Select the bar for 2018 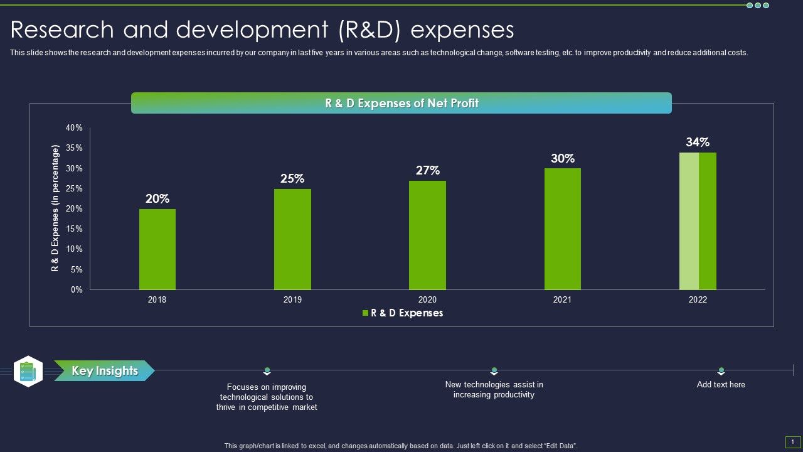click(157, 249)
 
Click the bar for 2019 click(292, 239)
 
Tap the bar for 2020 click(427, 235)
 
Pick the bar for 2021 click(563, 229)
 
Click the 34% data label click(698, 143)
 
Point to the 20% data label click(157, 199)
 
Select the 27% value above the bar click(427, 170)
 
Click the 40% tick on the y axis click(74, 128)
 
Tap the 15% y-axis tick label click(74, 229)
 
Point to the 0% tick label click(76, 290)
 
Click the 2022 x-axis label click(698, 300)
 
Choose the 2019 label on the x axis click(292, 300)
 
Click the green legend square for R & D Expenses click(366, 313)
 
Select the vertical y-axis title click(55, 208)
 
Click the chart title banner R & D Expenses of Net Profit click(401, 103)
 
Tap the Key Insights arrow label click(104, 371)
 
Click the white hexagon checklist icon click(28, 371)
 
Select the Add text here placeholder click(721, 385)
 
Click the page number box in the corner click(793, 442)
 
